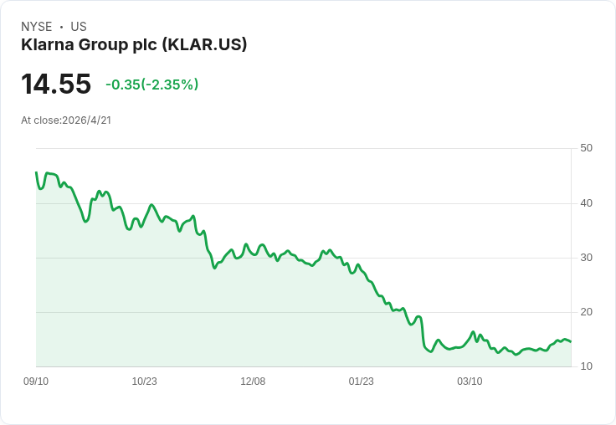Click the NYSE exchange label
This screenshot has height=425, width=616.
click(37, 27)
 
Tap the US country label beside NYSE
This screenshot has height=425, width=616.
click(79, 27)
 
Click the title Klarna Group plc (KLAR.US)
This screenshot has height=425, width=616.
click(134, 45)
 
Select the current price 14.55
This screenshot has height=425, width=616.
click(56, 84)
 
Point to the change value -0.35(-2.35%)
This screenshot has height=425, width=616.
click(151, 84)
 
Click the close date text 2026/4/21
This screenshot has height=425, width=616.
click(87, 120)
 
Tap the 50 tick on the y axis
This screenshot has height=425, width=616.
click(586, 148)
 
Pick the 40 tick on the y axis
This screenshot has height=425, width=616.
click(586, 203)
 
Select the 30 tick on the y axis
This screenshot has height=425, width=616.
click(586, 258)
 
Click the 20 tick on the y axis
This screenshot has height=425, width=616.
click(586, 312)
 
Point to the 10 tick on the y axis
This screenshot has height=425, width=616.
click(586, 366)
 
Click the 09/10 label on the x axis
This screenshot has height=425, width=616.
click(36, 381)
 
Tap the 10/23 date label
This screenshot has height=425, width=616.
click(144, 381)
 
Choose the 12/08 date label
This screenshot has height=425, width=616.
click(253, 381)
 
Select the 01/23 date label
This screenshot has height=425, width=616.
click(362, 381)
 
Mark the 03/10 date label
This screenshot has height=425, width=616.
click(470, 381)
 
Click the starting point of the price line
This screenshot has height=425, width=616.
click(36, 173)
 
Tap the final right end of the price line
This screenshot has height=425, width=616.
click(571, 341)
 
